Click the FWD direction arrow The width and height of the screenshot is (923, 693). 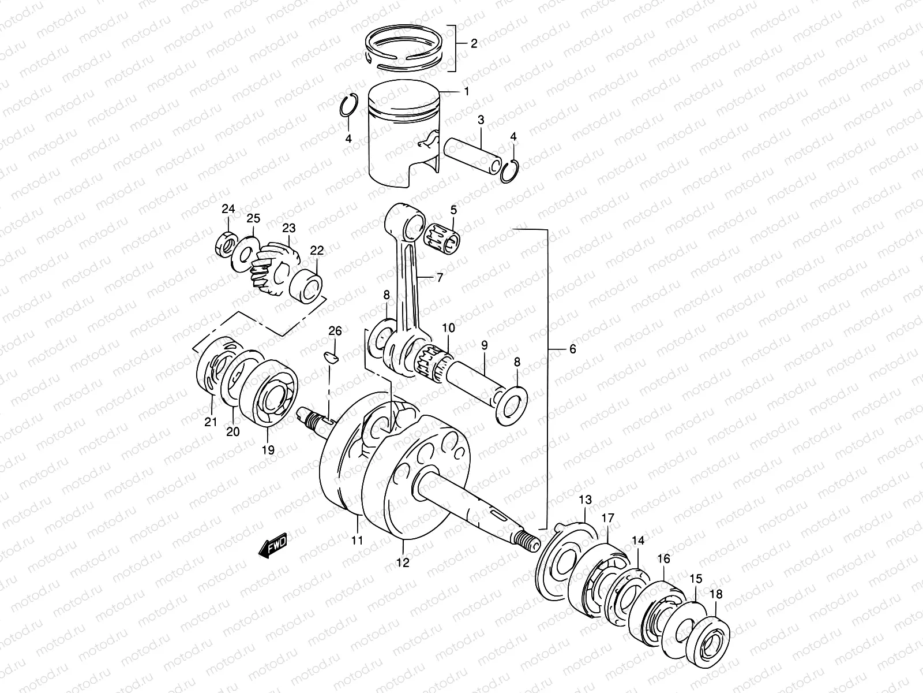click(273, 546)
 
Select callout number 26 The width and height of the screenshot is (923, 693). click(335, 331)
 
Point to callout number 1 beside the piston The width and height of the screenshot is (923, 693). click(466, 91)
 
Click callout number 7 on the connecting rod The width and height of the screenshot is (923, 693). click(440, 278)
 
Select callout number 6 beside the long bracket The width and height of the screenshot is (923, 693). click(572, 349)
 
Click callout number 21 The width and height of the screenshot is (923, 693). click(211, 422)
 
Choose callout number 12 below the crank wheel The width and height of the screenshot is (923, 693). click(403, 562)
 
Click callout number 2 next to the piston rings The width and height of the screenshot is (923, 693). click(474, 44)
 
